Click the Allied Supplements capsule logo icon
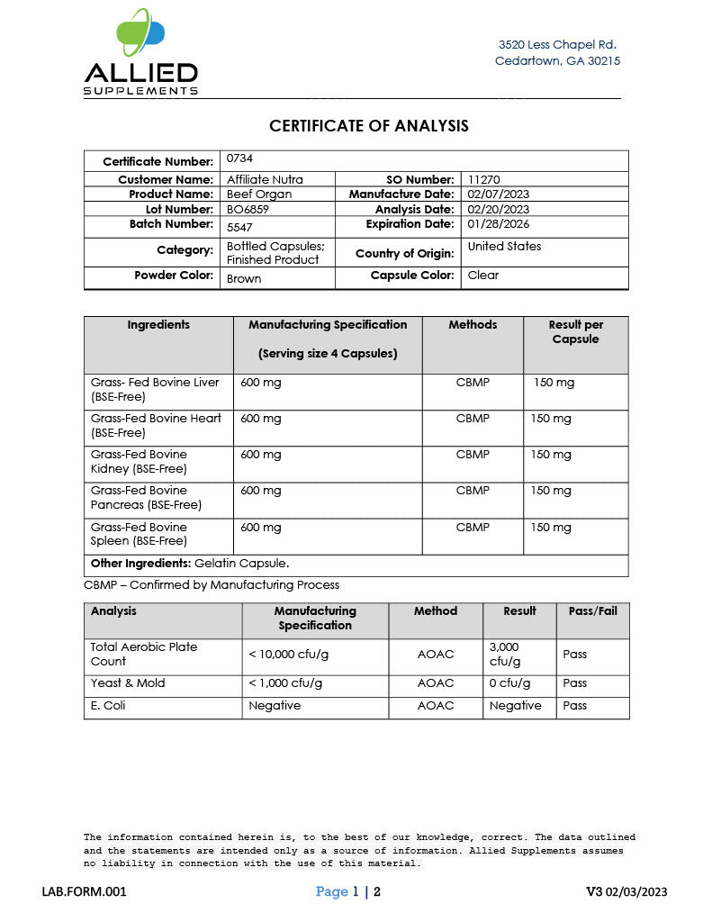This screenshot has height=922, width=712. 140,33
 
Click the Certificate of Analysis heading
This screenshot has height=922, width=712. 369,126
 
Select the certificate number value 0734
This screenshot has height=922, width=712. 240,158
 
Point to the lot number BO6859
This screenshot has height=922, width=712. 247,209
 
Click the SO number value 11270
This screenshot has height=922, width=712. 484,179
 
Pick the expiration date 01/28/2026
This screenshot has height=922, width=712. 498,223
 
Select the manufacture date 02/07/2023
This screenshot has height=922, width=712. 499,194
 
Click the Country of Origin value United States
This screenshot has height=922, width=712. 504,246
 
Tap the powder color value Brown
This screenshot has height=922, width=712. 244,278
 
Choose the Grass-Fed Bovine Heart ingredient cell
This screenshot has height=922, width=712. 156,425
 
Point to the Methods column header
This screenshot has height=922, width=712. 473,324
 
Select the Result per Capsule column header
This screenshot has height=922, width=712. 575,331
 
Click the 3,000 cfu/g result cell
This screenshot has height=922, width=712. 504,654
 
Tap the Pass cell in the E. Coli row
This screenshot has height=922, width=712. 574,705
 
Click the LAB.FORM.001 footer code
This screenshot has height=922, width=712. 85,891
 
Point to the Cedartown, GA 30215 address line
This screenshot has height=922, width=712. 557,61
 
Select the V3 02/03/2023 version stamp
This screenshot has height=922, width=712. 626,891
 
